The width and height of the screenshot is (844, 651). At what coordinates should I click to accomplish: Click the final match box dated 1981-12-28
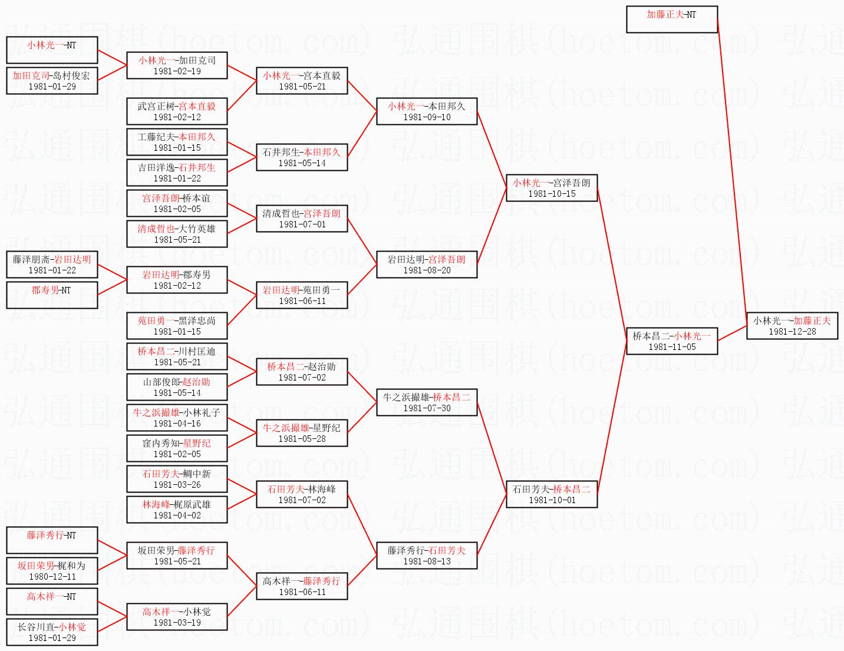click(792, 326)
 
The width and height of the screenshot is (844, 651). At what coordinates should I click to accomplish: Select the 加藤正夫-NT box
click(671, 19)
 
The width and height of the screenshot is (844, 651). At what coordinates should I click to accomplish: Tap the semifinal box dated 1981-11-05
click(671, 341)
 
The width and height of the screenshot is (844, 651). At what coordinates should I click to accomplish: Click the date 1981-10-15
click(552, 194)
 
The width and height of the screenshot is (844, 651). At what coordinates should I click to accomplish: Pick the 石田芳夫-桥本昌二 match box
click(552, 494)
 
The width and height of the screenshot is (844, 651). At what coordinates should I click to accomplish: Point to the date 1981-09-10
click(427, 117)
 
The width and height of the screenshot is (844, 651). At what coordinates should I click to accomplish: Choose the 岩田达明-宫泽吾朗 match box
click(427, 265)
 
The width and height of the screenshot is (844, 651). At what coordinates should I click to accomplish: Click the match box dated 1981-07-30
click(427, 402)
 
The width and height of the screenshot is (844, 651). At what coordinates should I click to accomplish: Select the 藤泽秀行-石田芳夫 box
click(427, 556)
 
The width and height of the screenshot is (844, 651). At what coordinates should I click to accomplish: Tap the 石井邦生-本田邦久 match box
click(302, 157)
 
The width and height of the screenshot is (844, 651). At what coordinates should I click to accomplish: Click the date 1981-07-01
click(302, 224)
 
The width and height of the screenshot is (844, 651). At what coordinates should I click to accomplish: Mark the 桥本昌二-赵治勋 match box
click(302, 372)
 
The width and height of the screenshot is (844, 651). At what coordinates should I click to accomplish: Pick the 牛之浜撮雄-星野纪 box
click(302, 433)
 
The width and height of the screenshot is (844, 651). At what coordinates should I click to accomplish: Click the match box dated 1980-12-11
click(52, 571)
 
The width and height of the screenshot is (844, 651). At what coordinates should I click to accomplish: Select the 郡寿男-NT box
click(52, 295)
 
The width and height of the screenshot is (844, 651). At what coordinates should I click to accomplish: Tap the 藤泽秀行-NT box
click(52, 540)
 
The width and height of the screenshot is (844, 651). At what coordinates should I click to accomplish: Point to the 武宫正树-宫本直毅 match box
click(177, 111)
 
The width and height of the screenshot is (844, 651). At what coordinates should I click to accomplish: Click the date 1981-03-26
click(177, 485)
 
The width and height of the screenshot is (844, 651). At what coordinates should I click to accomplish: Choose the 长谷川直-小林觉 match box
click(52, 632)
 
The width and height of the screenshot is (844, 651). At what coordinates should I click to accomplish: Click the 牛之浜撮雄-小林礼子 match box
click(177, 418)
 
